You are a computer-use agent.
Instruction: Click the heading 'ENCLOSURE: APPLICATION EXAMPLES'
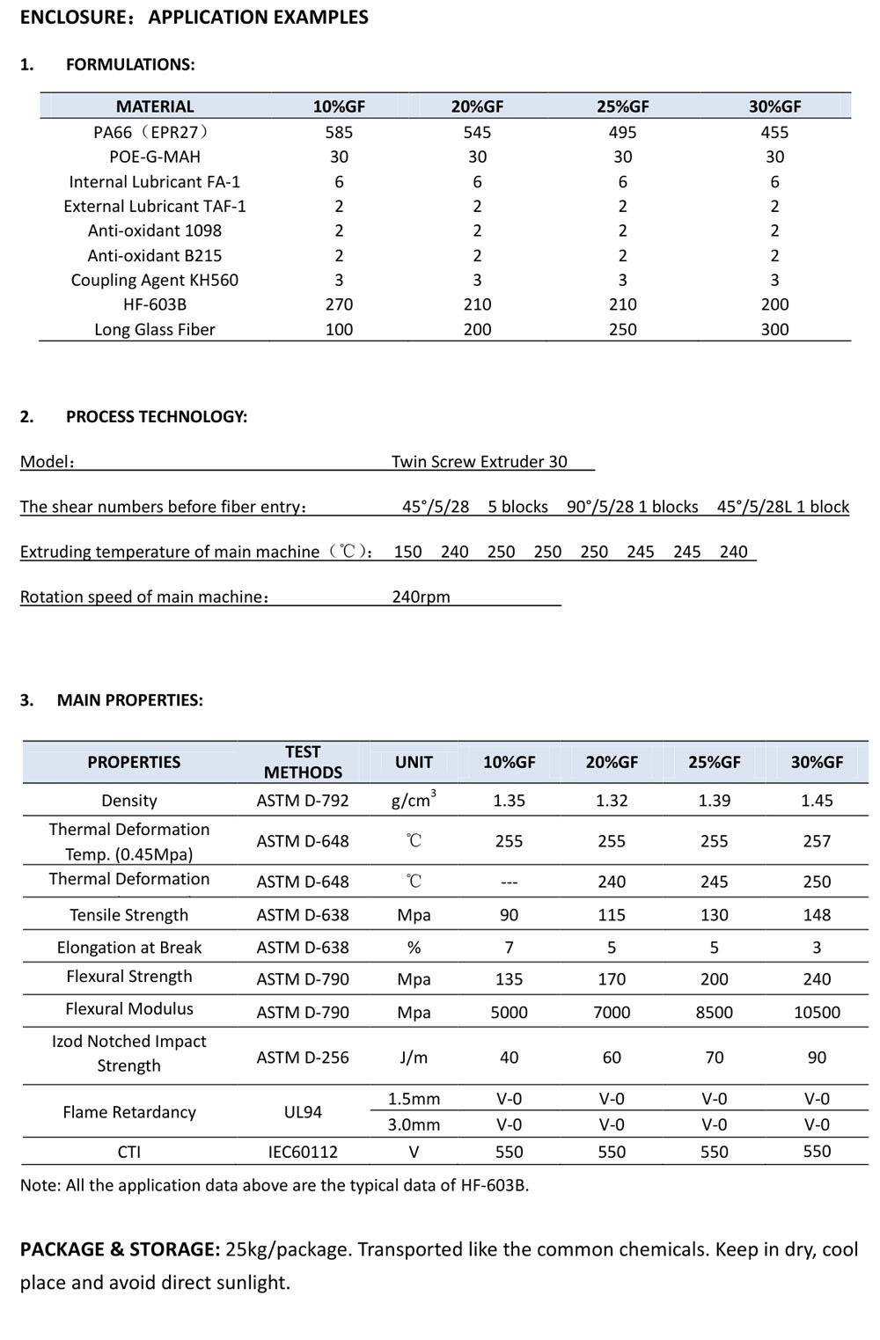[x=194, y=18]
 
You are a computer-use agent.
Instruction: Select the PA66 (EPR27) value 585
[x=339, y=132]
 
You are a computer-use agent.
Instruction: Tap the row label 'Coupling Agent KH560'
[x=155, y=280]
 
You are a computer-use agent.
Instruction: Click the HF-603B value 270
[x=339, y=304]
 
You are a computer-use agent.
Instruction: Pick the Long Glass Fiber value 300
[x=774, y=329]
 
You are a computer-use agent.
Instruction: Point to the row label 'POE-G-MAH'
[x=155, y=157]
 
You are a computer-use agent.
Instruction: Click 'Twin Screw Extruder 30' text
[x=479, y=461]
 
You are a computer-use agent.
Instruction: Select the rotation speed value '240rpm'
[x=421, y=597]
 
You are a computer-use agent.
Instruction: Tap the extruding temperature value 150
[x=407, y=552]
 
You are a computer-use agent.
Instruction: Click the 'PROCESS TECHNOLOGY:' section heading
[x=156, y=416]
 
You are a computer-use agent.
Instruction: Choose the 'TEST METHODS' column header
[x=303, y=762]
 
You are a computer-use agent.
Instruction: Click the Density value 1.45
[x=817, y=801]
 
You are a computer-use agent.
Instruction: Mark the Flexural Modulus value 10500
[x=817, y=1013]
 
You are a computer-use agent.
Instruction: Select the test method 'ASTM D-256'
[x=303, y=1058]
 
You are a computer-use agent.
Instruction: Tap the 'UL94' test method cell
[x=303, y=1112]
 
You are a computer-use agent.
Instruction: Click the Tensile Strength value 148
[x=817, y=915]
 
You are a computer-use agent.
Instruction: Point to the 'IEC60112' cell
[x=303, y=1152]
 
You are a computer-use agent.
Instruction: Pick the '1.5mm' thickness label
[x=414, y=1099]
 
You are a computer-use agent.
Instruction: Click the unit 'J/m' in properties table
[x=414, y=1058]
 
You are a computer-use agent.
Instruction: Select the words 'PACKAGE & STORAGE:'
[x=120, y=1249]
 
